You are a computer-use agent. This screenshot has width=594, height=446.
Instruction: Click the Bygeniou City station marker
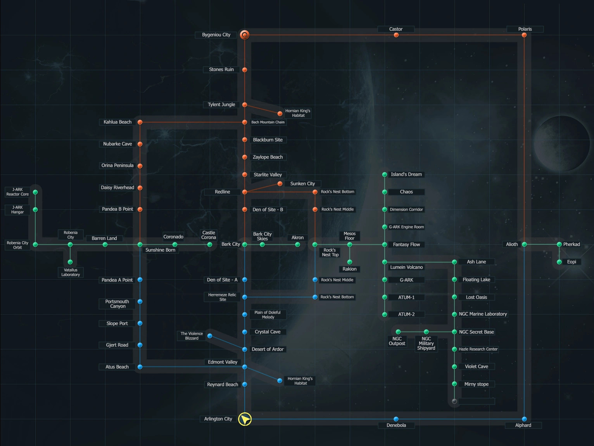[x=244, y=35]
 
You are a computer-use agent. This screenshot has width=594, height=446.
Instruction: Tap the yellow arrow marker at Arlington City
[x=245, y=419]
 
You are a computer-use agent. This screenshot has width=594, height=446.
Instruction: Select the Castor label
[x=396, y=29]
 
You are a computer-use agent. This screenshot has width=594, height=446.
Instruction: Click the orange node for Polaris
[x=524, y=35]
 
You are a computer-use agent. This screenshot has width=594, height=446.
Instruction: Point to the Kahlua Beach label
[x=117, y=122]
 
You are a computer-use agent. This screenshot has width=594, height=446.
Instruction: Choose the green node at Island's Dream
[x=385, y=175]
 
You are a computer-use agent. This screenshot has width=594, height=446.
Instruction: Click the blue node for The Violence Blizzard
[x=210, y=336]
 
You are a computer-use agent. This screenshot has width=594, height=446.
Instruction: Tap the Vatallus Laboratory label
[x=71, y=272]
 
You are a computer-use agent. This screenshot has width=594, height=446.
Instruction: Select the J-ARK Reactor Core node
[x=35, y=192]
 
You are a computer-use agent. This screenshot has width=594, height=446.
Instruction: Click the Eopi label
[x=572, y=262]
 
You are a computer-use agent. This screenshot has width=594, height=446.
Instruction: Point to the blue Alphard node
[x=524, y=419]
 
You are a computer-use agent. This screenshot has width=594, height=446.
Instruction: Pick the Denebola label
[x=396, y=425]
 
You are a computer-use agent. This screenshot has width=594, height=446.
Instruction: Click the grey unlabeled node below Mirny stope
[x=454, y=401]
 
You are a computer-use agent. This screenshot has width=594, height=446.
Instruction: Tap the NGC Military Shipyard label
[x=426, y=344]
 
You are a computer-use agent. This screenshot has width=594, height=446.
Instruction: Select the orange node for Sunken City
[x=280, y=184]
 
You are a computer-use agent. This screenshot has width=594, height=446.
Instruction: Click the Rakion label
[x=349, y=269]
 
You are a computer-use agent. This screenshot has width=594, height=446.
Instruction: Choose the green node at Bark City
[x=245, y=244]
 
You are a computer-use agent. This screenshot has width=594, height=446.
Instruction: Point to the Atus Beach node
[x=140, y=367]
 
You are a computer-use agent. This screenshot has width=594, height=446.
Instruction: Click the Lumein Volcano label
[x=406, y=267]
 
